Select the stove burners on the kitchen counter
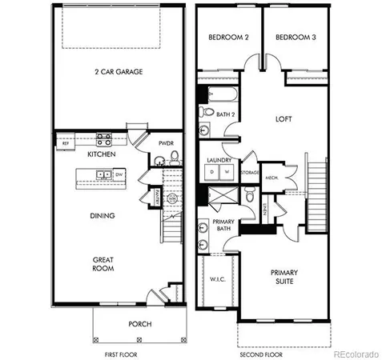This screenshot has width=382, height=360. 103,138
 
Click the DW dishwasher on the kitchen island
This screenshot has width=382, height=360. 118,174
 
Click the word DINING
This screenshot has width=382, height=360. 102,215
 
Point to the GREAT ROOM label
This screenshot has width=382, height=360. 102,263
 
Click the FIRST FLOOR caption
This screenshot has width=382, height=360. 122,353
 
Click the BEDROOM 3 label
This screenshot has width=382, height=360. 292,37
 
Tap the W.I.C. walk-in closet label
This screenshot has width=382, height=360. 218,279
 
